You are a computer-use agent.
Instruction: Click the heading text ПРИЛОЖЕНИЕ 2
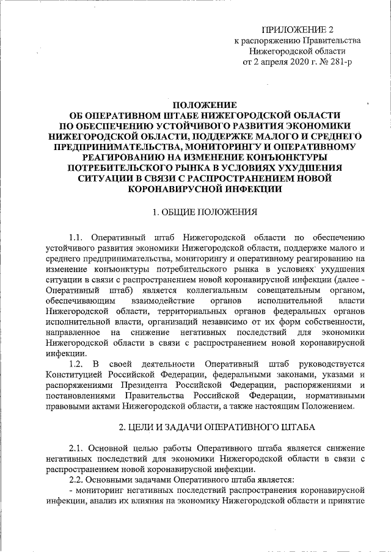298,29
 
